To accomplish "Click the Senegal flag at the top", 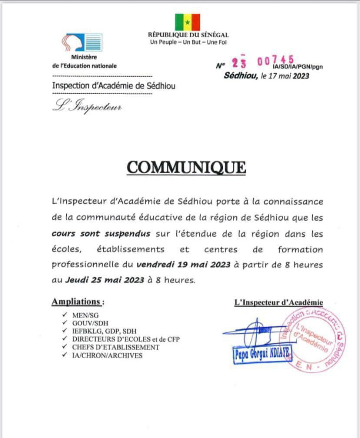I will pos(187,22).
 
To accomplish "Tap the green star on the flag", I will pos(187,22).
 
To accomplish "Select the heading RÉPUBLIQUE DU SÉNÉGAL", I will pos(188,35).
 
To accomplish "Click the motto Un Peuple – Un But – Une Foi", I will pos(188,41).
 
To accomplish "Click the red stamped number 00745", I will pos(276,61).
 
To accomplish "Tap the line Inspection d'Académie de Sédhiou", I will pos(114,86).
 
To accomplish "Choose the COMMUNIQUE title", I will pos(186,167).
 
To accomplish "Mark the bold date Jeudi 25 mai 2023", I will pos(103,280).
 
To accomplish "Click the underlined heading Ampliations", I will pos(78,302).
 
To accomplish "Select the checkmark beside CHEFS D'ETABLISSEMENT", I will pos(63,347).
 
